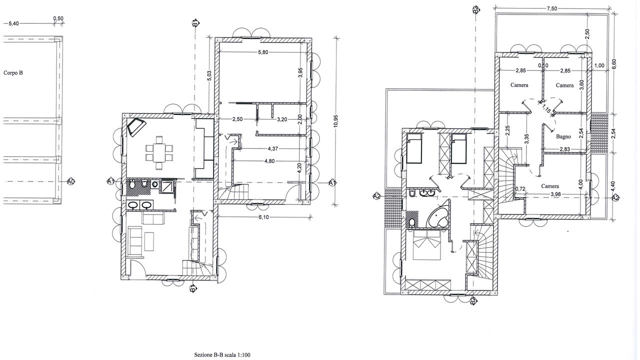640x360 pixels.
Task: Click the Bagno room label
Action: click(x=563, y=136)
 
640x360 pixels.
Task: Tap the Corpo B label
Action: click(x=13, y=73)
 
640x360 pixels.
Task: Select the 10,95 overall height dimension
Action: click(x=335, y=121)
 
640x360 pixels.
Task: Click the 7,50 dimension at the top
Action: click(x=551, y=8)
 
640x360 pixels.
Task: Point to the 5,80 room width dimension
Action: click(x=263, y=52)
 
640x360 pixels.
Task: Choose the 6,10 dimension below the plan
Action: click(x=263, y=217)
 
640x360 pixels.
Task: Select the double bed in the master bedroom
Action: click(x=426, y=245)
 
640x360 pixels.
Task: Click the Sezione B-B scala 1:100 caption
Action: click(x=222, y=355)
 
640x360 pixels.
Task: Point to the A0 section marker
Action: click(x=70, y=181)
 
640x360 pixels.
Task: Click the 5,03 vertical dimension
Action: click(x=209, y=75)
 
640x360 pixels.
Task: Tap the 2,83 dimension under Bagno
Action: click(x=564, y=149)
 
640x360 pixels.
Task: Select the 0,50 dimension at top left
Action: click(x=58, y=18)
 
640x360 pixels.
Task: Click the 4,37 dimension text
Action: click(x=273, y=148)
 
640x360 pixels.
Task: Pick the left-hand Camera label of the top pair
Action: click(x=519, y=85)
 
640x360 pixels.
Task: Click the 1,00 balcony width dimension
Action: click(x=599, y=65)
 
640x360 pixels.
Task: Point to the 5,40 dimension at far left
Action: click(x=13, y=23)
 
